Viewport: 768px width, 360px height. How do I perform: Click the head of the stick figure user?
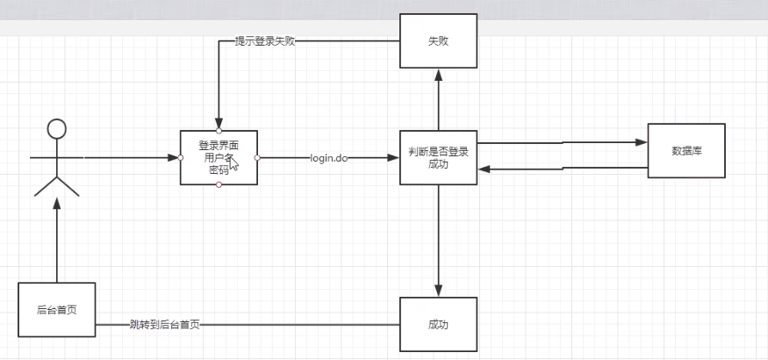pyautogui.click(x=56, y=130)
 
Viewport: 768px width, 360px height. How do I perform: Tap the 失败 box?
pyautogui.click(x=438, y=41)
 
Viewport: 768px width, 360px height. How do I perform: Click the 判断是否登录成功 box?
pyautogui.click(x=438, y=157)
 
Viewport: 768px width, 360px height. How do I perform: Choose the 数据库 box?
pyautogui.click(x=686, y=150)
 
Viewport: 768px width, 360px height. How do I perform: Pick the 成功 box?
pyautogui.click(x=438, y=324)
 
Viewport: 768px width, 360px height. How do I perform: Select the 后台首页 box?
pyautogui.click(x=55, y=310)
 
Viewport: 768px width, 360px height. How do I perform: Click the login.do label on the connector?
pyautogui.click(x=329, y=158)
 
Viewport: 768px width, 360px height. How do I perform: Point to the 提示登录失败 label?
pyautogui.click(x=264, y=41)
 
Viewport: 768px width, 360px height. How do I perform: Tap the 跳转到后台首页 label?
pyautogui.click(x=164, y=325)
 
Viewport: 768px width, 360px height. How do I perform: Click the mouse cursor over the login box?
pyautogui.click(x=233, y=163)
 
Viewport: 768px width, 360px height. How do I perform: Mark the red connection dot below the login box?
pyautogui.click(x=219, y=185)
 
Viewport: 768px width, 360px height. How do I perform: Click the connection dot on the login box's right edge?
pyautogui.click(x=257, y=158)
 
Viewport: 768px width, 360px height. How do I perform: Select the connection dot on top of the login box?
pyautogui.click(x=219, y=130)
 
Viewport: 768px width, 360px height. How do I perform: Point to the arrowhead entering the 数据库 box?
pyautogui.click(x=642, y=141)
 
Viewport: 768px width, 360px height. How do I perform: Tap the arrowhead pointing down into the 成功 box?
pyautogui.click(x=438, y=292)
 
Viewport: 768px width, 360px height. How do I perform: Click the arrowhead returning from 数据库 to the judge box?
pyautogui.click(x=484, y=169)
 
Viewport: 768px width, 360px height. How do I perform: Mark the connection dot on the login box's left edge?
pyautogui.click(x=180, y=158)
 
